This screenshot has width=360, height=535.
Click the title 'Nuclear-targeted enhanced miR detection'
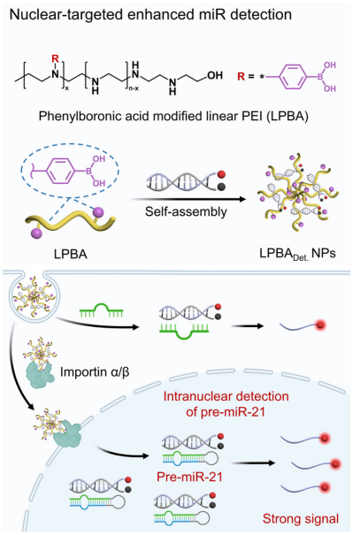150,15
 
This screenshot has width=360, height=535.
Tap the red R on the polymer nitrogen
55,58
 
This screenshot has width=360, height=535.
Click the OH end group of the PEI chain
215,74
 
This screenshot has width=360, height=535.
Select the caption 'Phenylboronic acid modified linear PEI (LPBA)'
173,117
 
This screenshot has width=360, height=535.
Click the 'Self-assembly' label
186,211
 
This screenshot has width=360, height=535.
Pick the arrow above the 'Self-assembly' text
188,199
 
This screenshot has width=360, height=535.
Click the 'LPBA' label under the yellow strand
71,254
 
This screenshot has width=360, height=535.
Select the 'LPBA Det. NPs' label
297,253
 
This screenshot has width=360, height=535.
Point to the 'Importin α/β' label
95,371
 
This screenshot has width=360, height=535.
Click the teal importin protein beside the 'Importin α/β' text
40,375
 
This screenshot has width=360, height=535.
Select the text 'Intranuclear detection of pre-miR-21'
226,404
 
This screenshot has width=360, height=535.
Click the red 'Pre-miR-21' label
189,477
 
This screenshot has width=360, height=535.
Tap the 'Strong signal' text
301,518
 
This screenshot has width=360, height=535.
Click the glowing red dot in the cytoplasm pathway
320,325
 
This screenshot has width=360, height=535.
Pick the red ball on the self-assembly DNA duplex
221,174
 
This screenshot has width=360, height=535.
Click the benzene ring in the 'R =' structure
294,76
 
